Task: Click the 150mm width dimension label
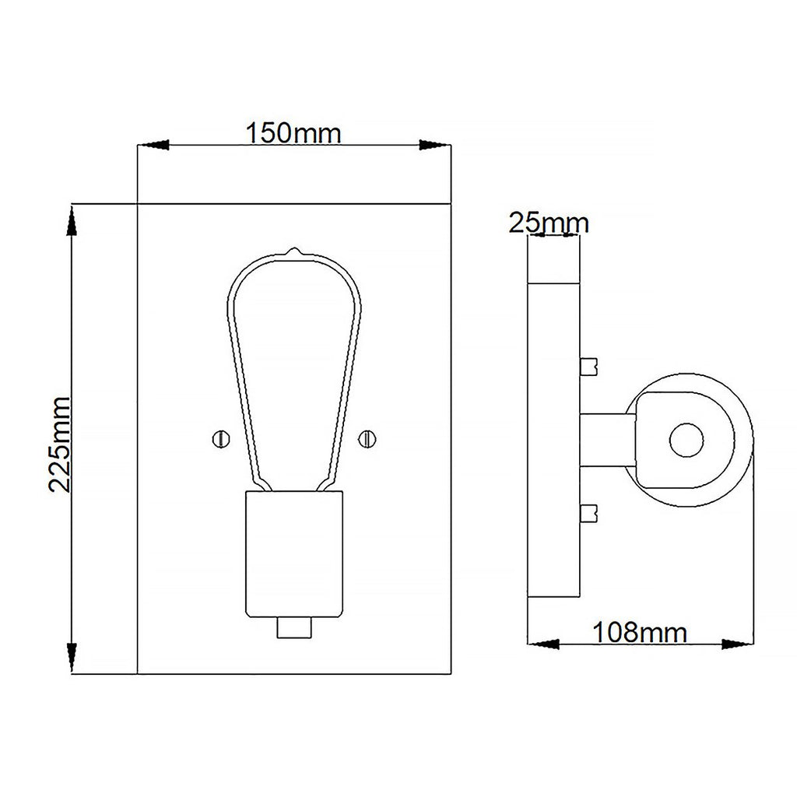pos(293,133)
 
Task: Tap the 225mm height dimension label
pos(60,444)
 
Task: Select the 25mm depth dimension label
pos(549,223)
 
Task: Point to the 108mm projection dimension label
pos(640,632)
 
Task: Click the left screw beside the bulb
pos(221,439)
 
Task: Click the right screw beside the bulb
pos(367,439)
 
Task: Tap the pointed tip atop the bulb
pos(293,250)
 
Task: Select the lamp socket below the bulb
pos(294,554)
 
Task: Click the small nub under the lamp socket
pos(294,628)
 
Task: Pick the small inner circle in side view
pos(686,440)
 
